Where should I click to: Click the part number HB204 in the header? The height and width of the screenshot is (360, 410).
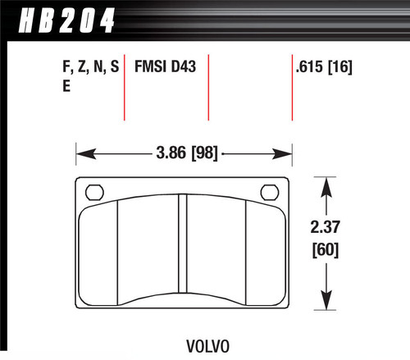(x=61, y=17)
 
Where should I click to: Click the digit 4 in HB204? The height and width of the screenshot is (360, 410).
(x=105, y=17)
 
